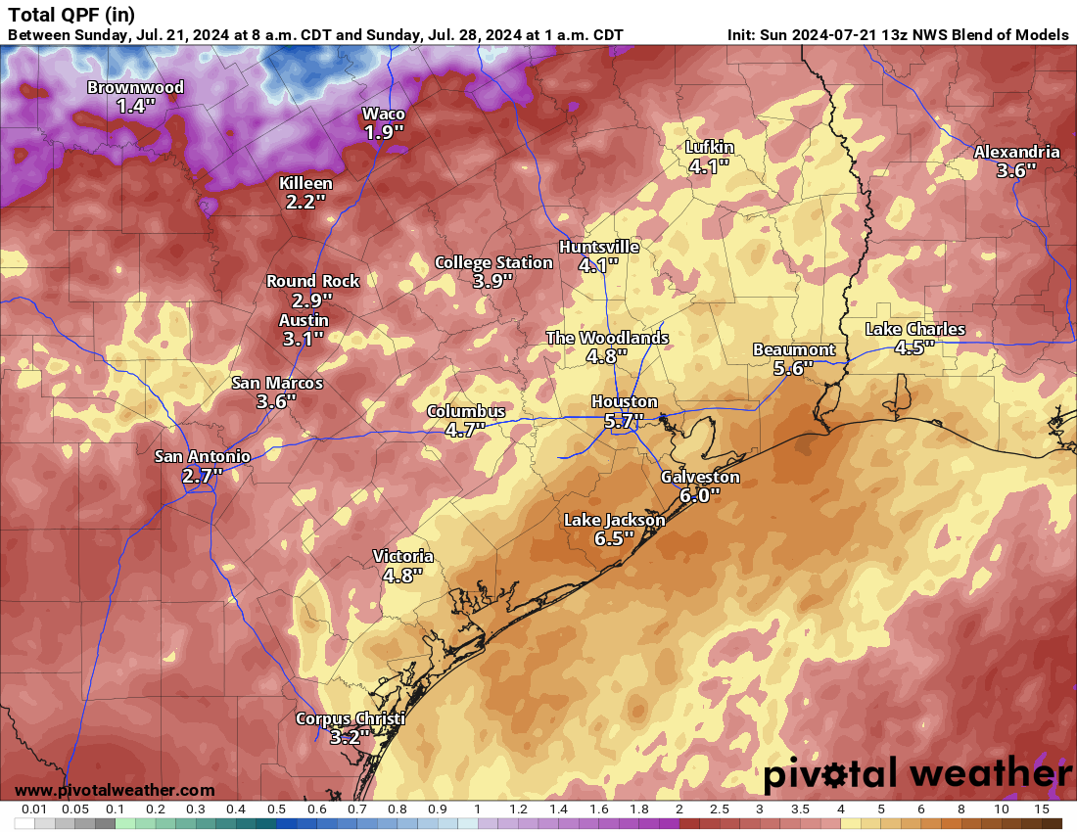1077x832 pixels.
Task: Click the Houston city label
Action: click(624, 402)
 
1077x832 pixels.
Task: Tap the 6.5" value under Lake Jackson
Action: click(614, 538)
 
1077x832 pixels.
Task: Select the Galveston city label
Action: click(700, 478)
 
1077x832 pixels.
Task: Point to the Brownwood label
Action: click(135, 87)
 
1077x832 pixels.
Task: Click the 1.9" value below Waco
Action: click(384, 132)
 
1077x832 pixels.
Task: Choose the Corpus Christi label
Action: click(350, 719)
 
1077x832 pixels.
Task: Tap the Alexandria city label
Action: click(1016, 152)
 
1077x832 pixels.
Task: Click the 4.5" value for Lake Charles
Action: click(914, 347)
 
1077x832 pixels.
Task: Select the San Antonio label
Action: click(203, 456)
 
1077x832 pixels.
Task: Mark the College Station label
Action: click(493, 262)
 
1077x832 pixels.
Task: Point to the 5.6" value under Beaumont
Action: click(794, 368)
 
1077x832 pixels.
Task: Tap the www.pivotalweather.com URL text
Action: click(115, 790)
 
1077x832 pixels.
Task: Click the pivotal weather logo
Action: click(917, 774)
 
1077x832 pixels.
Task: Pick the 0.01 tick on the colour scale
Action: click(34, 809)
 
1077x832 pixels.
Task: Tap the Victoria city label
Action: click(402, 556)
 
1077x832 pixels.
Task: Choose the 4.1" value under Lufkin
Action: click(709, 166)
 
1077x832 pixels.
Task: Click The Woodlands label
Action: click(607, 338)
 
